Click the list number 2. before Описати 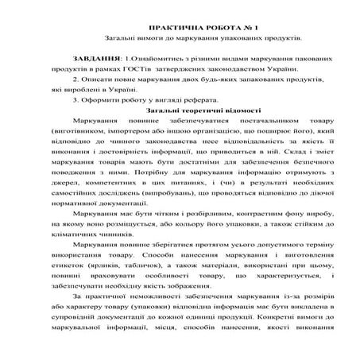[x=75, y=80]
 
